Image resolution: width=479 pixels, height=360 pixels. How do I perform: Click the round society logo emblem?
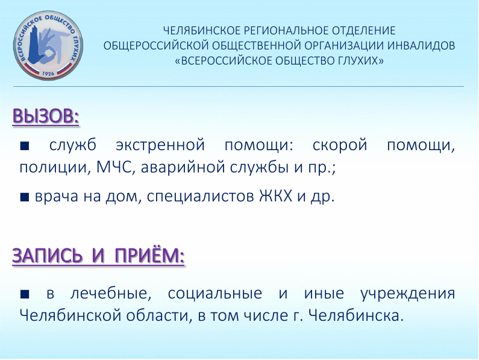pos(48,46)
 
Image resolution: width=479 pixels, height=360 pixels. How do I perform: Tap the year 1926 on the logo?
pos(48,74)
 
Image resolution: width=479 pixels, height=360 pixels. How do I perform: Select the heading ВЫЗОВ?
pos(46,116)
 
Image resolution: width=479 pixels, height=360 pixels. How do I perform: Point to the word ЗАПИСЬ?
pos(48,256)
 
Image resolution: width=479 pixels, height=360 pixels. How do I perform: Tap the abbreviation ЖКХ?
pos(275,196)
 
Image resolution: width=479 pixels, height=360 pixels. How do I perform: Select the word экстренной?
pos(160,145)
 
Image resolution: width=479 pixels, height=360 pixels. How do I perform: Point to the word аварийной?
pos(183,167)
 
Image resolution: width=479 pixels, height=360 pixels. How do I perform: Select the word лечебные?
pos(111,294)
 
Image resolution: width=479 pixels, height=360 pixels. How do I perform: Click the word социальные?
pos(214,294)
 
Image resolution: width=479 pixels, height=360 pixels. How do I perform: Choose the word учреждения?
pos(408,294)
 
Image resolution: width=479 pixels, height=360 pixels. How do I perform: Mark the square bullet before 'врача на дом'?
pos(25,197)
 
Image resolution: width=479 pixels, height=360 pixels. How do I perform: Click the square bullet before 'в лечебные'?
pos(25,294)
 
